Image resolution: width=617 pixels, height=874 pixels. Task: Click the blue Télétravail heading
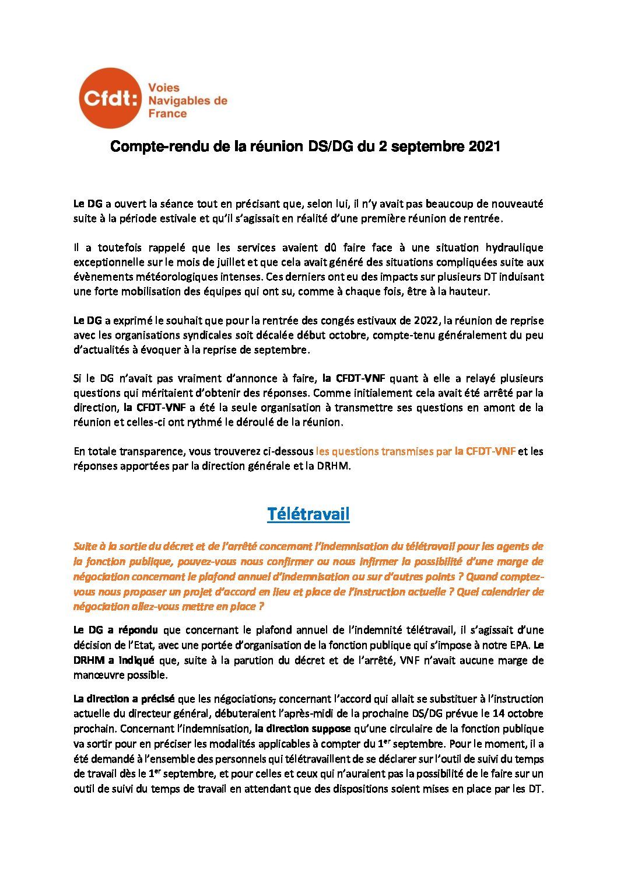(308, 514)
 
